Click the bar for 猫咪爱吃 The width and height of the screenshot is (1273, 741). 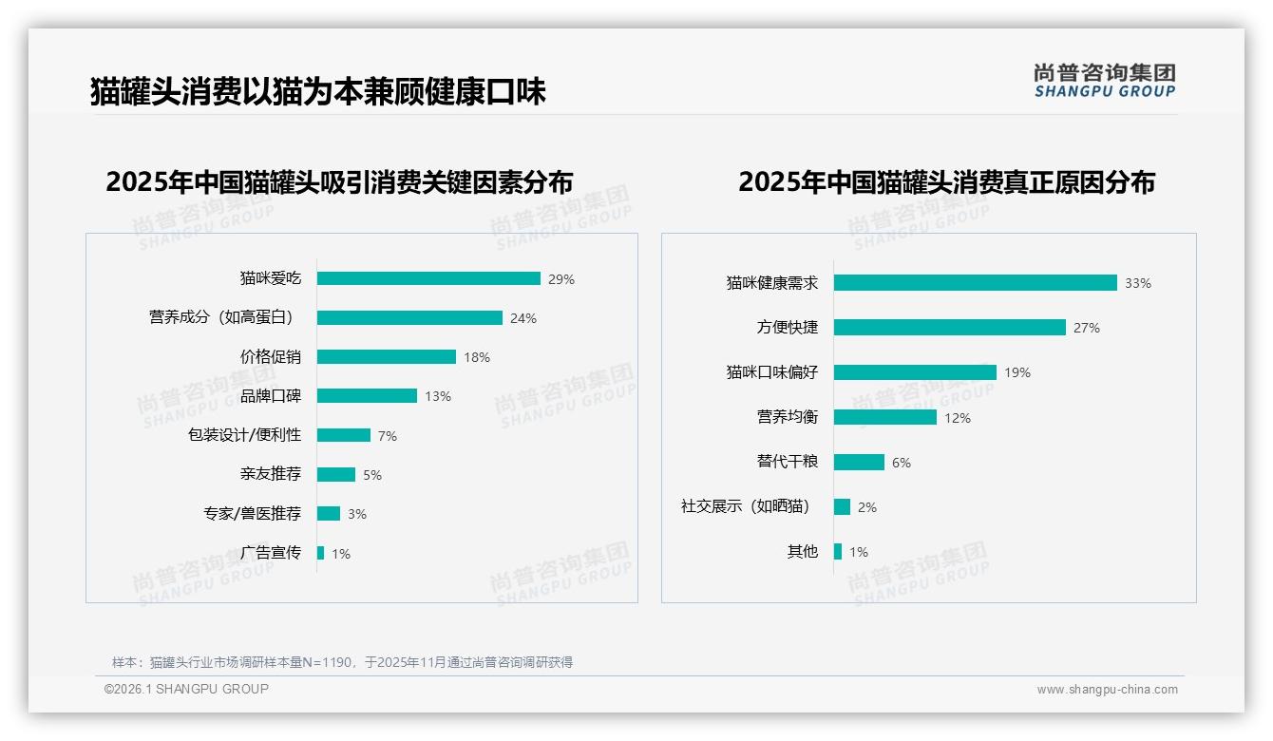click(428, 278)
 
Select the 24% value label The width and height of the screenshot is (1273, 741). click(523, 318)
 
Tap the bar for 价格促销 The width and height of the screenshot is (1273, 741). click(387, 357)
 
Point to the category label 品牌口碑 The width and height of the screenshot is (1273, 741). click(271, 396)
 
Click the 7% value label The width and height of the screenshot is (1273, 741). click(387, 436)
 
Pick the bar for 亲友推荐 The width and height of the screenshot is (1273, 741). click(336, 474)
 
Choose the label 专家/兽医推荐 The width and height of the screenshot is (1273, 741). click(252, 513)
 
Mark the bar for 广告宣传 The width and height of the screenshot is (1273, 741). click(320, 553)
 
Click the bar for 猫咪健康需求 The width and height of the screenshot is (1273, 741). click(975, 282)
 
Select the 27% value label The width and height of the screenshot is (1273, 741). click(1087, 328)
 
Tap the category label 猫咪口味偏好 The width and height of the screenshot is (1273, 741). click(772, 371)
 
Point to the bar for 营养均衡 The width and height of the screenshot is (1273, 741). click(884, 417)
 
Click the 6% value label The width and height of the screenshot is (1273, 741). click(902, 463)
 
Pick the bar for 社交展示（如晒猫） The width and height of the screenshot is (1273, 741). click(842, 506)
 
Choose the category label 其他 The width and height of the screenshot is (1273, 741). click(803, 551)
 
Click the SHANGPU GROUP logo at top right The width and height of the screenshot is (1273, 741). click(1104, 80)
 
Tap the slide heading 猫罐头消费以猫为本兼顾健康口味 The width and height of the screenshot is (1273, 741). click(318, 92)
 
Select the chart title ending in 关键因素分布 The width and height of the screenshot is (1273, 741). click(339, 181)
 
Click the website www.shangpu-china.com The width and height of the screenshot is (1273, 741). click(1107, 690)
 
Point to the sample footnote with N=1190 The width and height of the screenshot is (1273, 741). click(343, 662)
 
